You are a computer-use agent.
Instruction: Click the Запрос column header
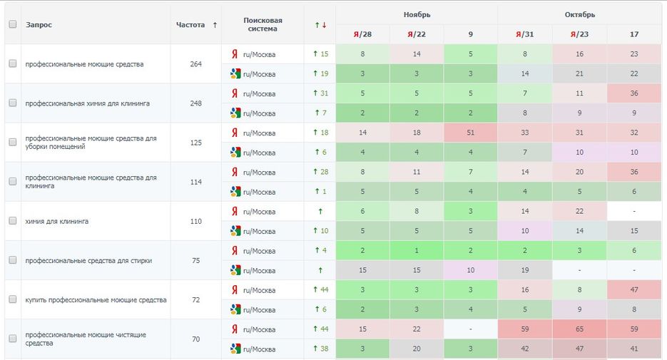coord(39,25)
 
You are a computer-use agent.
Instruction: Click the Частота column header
coord(190,25)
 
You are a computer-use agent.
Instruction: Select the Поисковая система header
coord(263,25)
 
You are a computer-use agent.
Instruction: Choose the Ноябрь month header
coord(417,14)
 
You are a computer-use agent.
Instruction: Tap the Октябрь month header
coord(579,14)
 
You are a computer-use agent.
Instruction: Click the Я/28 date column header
coord(362,34)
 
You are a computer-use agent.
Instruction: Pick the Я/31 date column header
coord(524,34)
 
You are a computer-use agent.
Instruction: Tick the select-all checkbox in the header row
coord(12,24)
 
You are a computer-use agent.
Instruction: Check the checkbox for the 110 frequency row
coord(12,221)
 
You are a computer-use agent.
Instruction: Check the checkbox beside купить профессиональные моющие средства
coord(12,299)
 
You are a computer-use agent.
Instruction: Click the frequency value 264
coord(195,64)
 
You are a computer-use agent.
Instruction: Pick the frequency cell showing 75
coord(195,260)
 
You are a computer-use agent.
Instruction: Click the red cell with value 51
coord(470,133)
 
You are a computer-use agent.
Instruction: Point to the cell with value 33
coord(524,133)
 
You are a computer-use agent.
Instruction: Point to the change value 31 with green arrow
coord(320,93)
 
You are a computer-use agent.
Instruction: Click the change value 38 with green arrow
coord(320,349)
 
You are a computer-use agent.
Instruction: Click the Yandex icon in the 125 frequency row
coord(234,133)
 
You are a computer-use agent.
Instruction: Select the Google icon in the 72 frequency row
coord(235,309)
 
